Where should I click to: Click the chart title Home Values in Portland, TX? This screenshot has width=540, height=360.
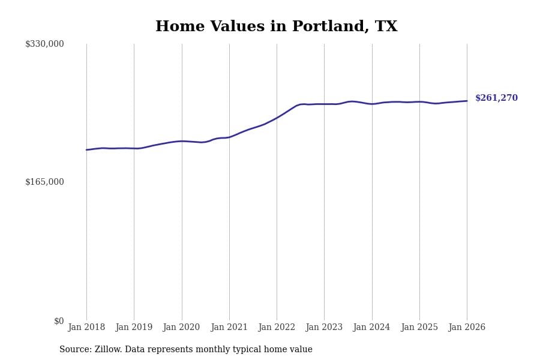point(276,27)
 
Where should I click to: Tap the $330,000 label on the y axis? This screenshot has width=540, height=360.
point(44,44)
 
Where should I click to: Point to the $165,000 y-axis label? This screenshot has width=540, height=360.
point(44,182)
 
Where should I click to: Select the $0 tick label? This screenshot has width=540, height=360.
point(59,321)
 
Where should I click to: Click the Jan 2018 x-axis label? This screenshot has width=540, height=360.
point(86,327)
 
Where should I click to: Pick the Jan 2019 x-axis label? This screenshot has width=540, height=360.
point(134,327)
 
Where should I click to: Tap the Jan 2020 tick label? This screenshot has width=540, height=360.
point(181,327)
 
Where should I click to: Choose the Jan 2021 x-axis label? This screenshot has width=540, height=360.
point(229,327)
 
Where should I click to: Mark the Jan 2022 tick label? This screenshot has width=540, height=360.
point(277,327)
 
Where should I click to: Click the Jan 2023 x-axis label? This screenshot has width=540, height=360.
point(324,327)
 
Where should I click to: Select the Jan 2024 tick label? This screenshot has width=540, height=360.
point(371,327)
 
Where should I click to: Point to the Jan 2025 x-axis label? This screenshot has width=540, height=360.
point(419,327)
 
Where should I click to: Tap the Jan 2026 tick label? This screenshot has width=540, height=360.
point(467,327)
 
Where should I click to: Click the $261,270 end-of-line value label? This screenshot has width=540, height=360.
point(496,98)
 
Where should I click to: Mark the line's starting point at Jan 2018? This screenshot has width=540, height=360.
point(86,150)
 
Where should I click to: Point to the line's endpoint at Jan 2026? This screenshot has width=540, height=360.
point(467,101)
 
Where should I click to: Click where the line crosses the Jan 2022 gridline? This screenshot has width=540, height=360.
point(277,118)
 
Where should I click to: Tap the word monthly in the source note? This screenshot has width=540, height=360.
point(221,350)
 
